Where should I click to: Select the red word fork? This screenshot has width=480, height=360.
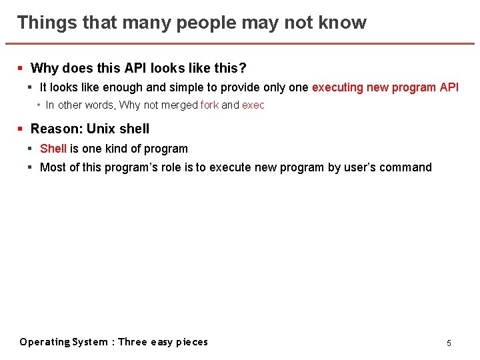209,105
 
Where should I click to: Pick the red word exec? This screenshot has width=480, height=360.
253,105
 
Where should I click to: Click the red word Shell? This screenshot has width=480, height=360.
53,149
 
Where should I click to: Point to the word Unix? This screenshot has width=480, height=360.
102,129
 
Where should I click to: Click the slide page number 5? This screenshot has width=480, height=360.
449,343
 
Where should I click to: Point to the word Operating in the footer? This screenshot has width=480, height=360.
45,342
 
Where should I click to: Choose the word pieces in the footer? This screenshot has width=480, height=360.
192,342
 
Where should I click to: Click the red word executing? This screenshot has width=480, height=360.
337,87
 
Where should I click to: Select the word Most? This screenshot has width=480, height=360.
52,167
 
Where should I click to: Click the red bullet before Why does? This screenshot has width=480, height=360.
21,68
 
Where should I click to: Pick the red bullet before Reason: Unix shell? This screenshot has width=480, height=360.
21,129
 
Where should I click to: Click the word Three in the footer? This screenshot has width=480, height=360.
133,342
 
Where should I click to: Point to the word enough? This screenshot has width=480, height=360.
124,87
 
